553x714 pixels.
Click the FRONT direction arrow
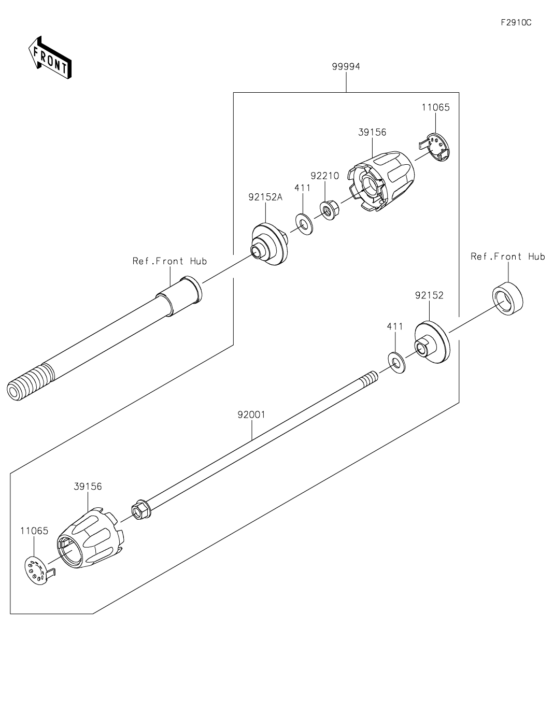(x=50, y=58)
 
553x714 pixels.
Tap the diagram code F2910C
(x=516, y=23)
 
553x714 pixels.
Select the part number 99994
(x=346, y=67)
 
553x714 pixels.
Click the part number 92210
(x=324, y=176)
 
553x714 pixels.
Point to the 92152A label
(x=265, y=197)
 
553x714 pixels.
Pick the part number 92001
(x=251, y=415)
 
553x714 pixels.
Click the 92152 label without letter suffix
(x=429, y=295)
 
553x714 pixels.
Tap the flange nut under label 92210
(x=328, y=210)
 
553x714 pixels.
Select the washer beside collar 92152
(x=396, y=361)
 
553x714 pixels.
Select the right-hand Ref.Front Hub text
(x=507, y=256)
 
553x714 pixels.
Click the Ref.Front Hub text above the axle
(x=169, y=261)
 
